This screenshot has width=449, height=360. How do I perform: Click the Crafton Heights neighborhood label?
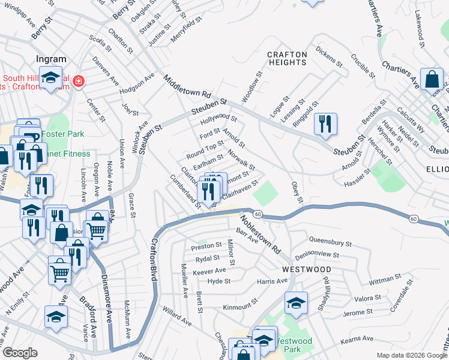click(x=286, y=58)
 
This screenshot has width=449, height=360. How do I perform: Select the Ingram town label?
click(x=51, y=59)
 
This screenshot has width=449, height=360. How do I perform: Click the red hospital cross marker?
click(x=78, y=81)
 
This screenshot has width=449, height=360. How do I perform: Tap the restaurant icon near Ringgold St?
click(x=325, y=124)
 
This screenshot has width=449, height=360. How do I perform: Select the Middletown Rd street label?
click(x=187, y=87)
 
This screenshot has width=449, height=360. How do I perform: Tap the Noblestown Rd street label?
click(x=261, y=230)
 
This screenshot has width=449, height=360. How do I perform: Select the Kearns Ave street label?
click(x=357, y=340)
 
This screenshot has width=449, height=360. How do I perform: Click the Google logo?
click(x=19, y=353)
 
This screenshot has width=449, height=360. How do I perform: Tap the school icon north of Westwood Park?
click(x=296, y=304)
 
